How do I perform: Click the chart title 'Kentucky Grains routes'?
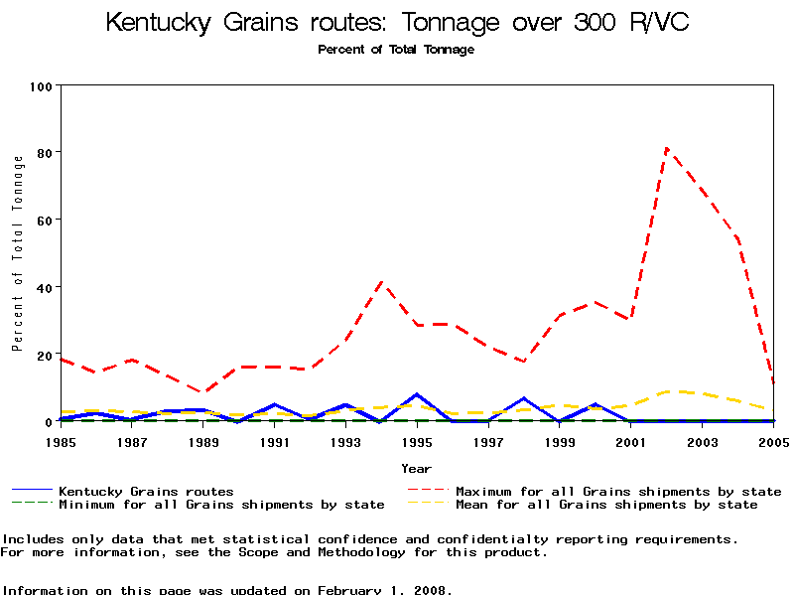coord(397,22)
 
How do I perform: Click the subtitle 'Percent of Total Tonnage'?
coord(396,50)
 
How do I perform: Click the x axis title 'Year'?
coord(417,468)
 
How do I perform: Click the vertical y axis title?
coord(17,253)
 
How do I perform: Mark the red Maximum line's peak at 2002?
coord(667,149)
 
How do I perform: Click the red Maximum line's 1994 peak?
coord(381,281)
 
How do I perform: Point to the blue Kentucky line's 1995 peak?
coord(417,394)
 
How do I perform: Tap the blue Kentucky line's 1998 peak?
coord(523,398)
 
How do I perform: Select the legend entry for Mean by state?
coord(606,505)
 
